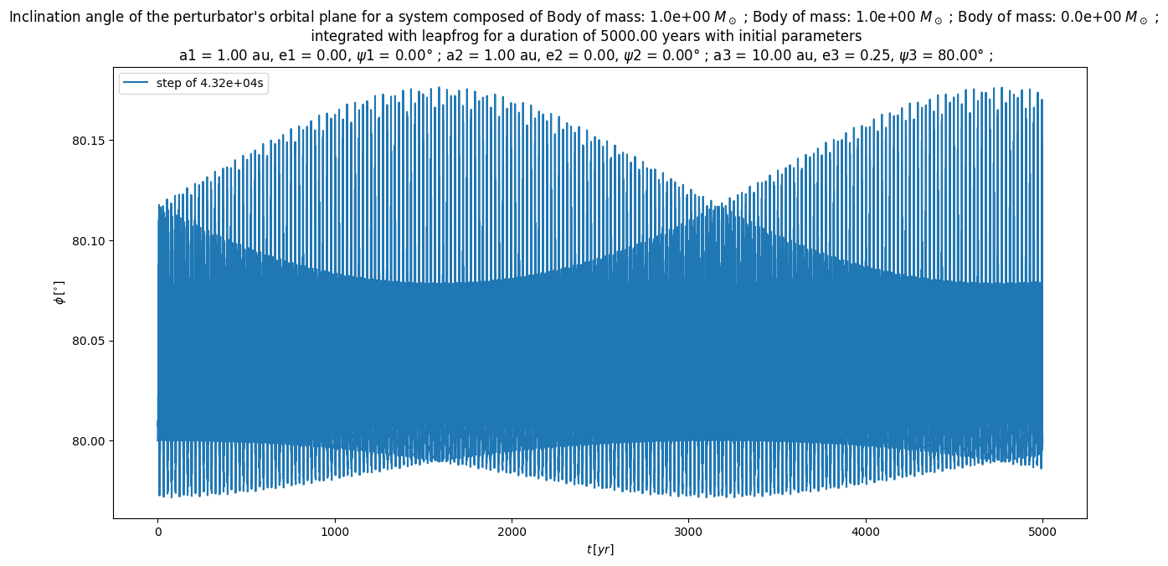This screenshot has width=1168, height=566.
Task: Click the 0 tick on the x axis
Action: point(157,530)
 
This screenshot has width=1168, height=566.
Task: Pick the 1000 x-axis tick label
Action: point(334,530)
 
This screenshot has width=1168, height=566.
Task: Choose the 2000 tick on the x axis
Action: point(512,530)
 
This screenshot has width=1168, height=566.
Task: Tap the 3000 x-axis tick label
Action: point(688,530)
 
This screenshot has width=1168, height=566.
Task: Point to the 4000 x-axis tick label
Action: point(865,530)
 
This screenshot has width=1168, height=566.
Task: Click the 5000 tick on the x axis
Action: point(1042,530)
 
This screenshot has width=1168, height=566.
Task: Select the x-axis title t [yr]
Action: point(599,549)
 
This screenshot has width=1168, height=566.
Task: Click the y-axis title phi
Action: point(59,294)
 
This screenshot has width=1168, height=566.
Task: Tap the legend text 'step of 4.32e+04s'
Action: point(211,83)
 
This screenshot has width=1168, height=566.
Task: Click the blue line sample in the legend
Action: point(137,83)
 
